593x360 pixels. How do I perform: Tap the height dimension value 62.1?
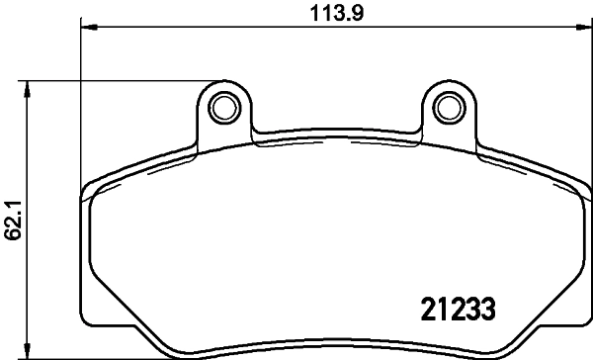12,219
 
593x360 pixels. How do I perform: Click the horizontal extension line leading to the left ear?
119,81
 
